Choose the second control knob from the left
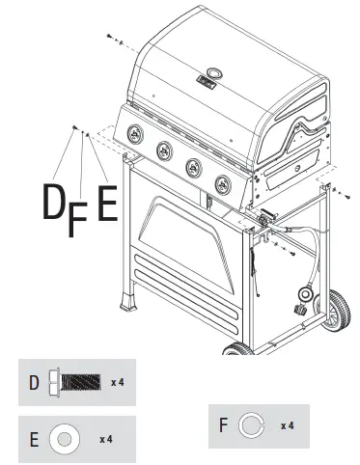tap(165, 148)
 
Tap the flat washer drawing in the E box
tap(64, 439)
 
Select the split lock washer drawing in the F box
tap(251, 424)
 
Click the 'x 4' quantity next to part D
tap(117, 383)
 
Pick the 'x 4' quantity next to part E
tap(106, 439)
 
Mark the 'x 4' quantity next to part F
tap(287, 425)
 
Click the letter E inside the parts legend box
tap(34, 440)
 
